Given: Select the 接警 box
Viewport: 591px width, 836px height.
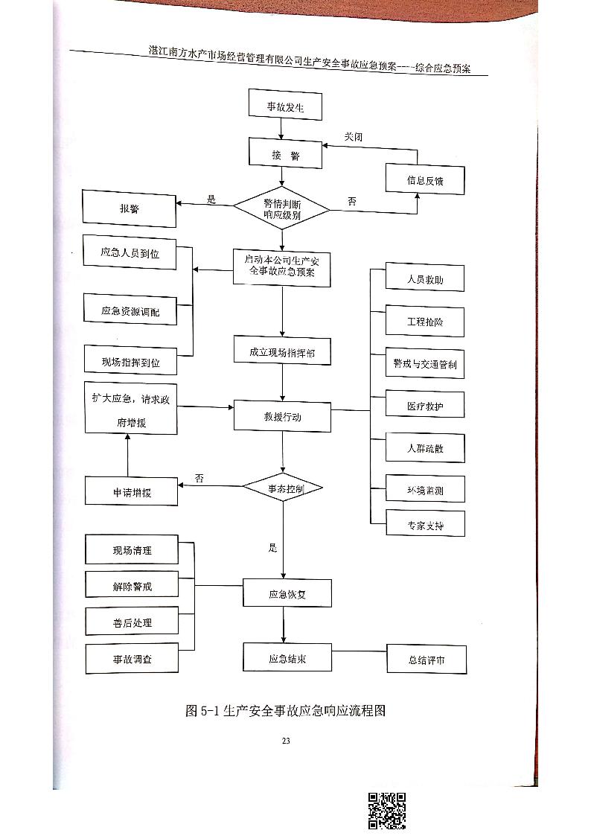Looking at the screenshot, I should [285, 154].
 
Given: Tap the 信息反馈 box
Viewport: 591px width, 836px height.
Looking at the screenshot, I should [424, 181].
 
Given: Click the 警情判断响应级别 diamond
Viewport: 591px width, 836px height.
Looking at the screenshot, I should [281, 208].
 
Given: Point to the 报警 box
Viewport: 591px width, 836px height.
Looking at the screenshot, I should [129, 208].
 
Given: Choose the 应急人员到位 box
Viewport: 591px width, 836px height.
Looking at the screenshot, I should [130, 254].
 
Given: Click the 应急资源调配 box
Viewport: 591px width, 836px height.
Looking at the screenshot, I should [130, 310].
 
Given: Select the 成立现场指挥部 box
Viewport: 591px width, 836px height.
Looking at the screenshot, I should [282, 352].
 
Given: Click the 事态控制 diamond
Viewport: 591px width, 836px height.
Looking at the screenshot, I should [283, 488].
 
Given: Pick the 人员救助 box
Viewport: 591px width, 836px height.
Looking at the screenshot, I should [425, 280].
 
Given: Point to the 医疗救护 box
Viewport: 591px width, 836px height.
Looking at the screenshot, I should [425, 406].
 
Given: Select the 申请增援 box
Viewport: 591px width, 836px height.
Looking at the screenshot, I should [131, 492].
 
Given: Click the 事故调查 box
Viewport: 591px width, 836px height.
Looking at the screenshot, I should [132, 659].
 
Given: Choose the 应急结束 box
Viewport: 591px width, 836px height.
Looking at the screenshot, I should [287, 659].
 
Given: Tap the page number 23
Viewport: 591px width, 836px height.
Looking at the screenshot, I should [285, 740].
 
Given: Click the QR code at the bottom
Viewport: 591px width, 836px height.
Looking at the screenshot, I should [387, 811].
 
